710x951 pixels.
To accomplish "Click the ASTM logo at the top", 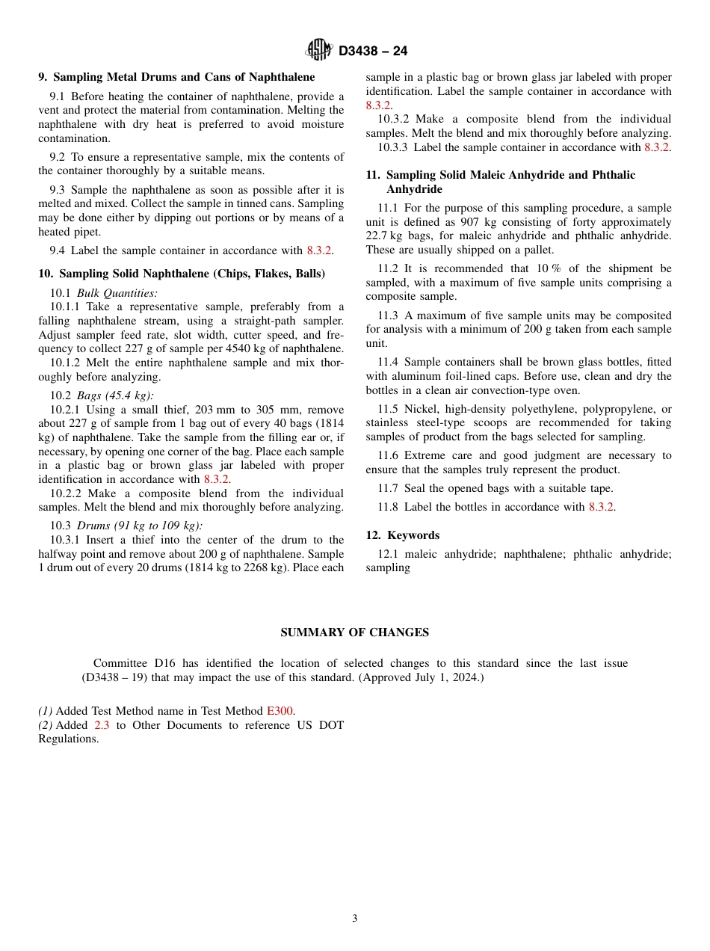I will tap(318, 50).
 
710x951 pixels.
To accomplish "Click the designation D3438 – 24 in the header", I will tap(373, 52).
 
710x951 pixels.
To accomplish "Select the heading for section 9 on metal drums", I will tap(176, 77).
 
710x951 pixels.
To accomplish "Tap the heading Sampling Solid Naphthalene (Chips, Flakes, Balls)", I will tap(182, 274).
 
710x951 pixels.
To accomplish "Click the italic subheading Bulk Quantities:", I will tap(117, 293).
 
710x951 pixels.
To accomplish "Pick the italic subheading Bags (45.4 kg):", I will tap(116, 396).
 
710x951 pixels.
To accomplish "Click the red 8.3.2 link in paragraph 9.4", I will tap(319, 250).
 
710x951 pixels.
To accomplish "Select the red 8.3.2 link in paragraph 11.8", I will tap(602, 507).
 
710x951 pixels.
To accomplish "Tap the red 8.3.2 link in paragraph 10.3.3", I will tap(657, 147).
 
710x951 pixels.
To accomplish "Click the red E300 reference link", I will tap(280, 711).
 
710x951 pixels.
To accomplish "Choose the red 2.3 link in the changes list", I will tap(102, 725).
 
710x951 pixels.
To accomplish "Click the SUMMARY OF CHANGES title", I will tap(354, 633).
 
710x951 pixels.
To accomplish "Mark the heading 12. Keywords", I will tap(402, 535).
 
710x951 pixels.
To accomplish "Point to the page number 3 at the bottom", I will tap(355, 919).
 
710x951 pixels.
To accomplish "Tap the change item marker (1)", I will tap(46, 711).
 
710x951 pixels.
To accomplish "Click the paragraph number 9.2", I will tap(59, 157).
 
